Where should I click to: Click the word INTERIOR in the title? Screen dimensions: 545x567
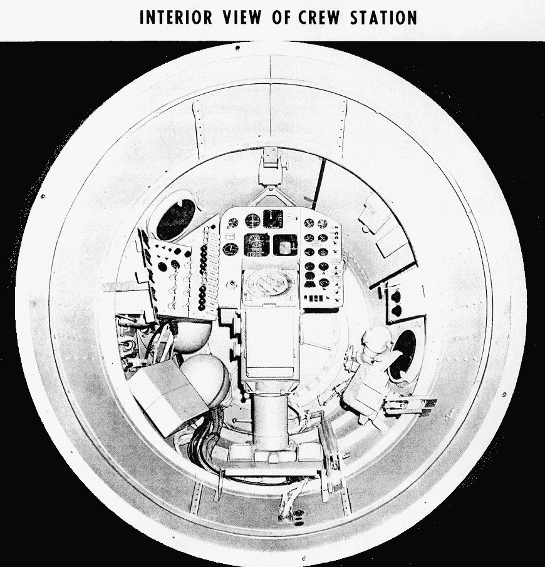pyautogui.click(x=175, y=18)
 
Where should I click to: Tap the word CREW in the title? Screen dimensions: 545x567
pyautogui.click(x=318, y=18)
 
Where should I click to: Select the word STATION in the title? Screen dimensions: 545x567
pyautogui.click(x=383, y=18)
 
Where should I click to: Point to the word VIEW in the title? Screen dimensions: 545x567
pyautogui.click(x=242, y=18)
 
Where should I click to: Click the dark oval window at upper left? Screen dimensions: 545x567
pyautogui.click(x=175, y=219)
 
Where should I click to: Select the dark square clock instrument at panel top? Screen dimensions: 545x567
pyautogui.click(x=273, y=219)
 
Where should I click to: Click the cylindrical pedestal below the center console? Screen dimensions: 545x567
pyautogui.click(x=271, y=420)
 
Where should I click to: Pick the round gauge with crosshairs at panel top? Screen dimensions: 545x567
pyautogui.click(x=252, y=220)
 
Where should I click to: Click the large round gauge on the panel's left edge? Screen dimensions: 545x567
pyautogui.click(x=229, y=249)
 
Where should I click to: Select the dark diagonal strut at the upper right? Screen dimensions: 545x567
pyautogui.click(x=319, y=185)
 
